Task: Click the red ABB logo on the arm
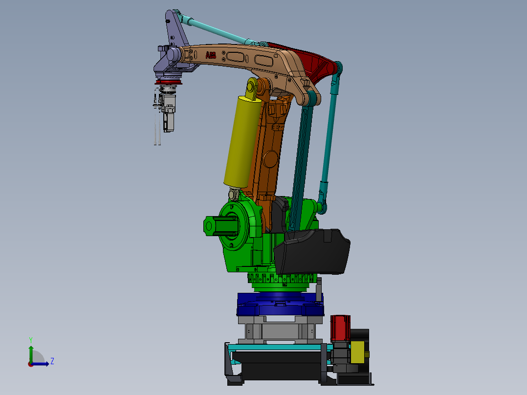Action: pos(211,55)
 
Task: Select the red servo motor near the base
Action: pos(340,328)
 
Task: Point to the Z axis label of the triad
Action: pos(52,361)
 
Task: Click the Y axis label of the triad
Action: pos(30,339)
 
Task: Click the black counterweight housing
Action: pos(313,252)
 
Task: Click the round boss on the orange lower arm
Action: pos(269,159)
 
